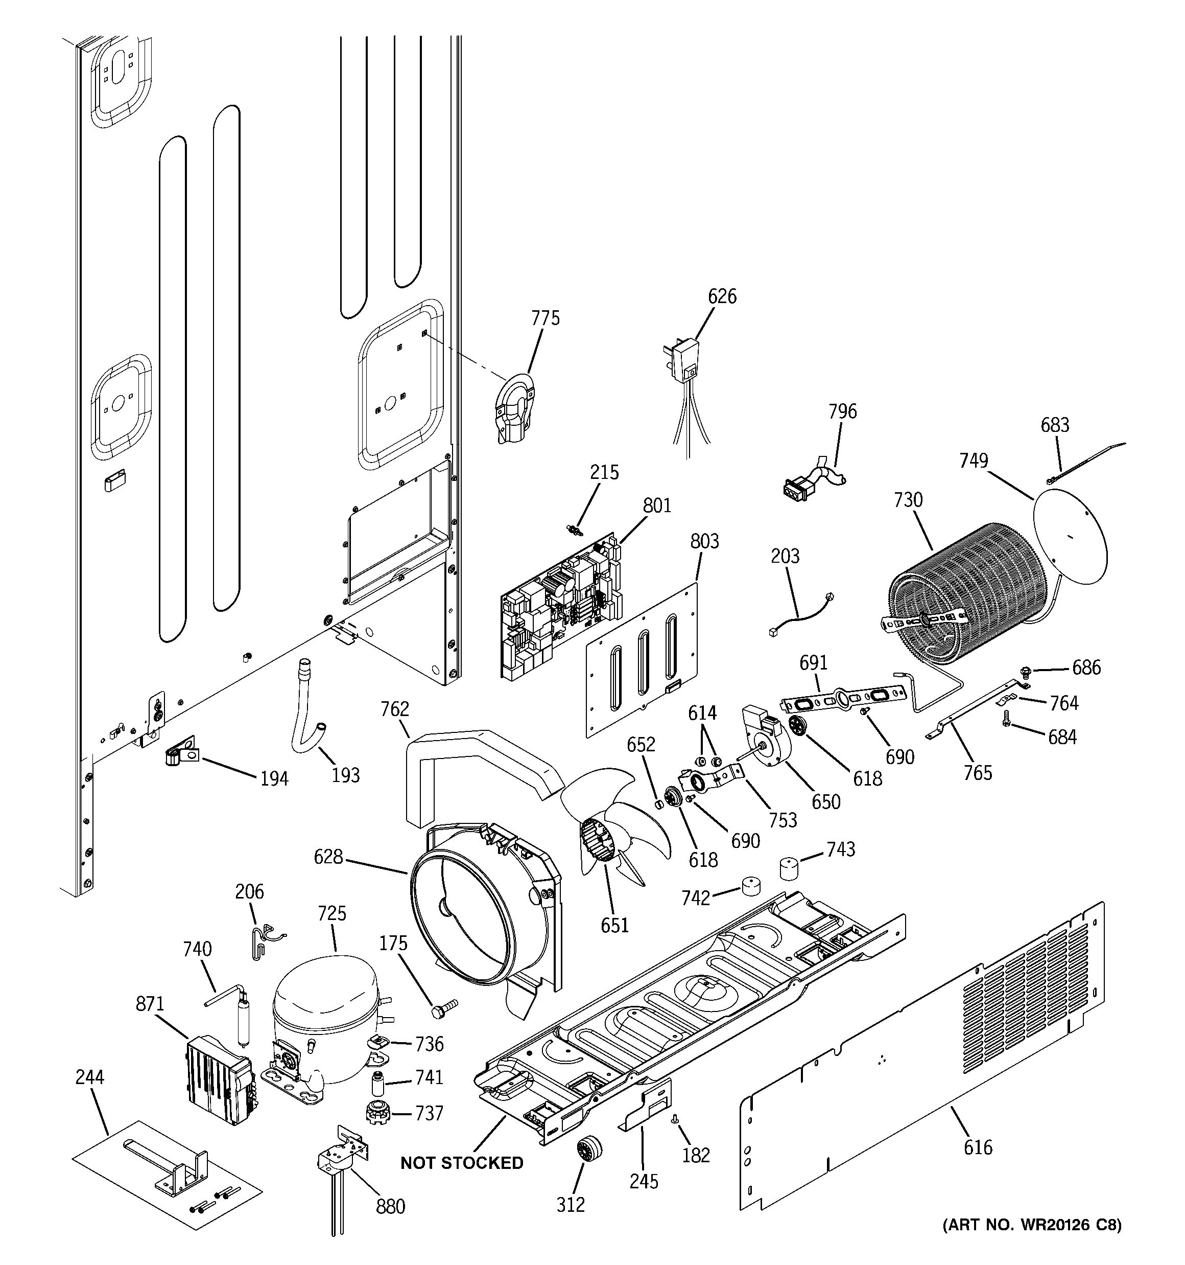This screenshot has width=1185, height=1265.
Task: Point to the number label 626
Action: coord(722,296)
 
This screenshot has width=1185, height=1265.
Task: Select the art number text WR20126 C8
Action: coord(1032,1242)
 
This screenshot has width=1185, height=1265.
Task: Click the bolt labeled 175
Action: coord(444,1009)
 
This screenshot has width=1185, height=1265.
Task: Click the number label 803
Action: coord(704,541)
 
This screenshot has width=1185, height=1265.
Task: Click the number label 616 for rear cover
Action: coord(978,1147)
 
